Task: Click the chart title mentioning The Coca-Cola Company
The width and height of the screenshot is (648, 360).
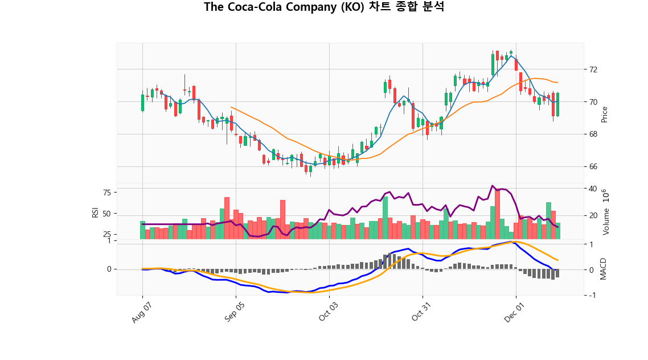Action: [x=324, y=7]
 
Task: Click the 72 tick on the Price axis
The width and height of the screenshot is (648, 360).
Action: [x=593, y=69]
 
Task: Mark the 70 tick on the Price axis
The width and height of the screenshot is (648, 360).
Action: [x=593, y=102]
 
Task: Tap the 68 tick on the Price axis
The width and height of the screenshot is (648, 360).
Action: [x=593, y=134]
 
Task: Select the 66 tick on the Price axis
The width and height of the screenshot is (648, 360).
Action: [x=593, y=167]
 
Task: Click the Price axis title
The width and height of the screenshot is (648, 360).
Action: [x=605, y=114]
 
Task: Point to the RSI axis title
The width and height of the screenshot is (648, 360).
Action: [x=95, y=212]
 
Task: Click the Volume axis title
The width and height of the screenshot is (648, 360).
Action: [x=606, y=212]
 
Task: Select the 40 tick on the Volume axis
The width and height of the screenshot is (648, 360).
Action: [x=593, y=189]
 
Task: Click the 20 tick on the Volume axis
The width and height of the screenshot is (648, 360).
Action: [x=593, y=216]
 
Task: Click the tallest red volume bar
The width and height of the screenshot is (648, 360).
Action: [x=497, y=214]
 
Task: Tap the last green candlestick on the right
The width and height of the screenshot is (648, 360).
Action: [x=557, y=105]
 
